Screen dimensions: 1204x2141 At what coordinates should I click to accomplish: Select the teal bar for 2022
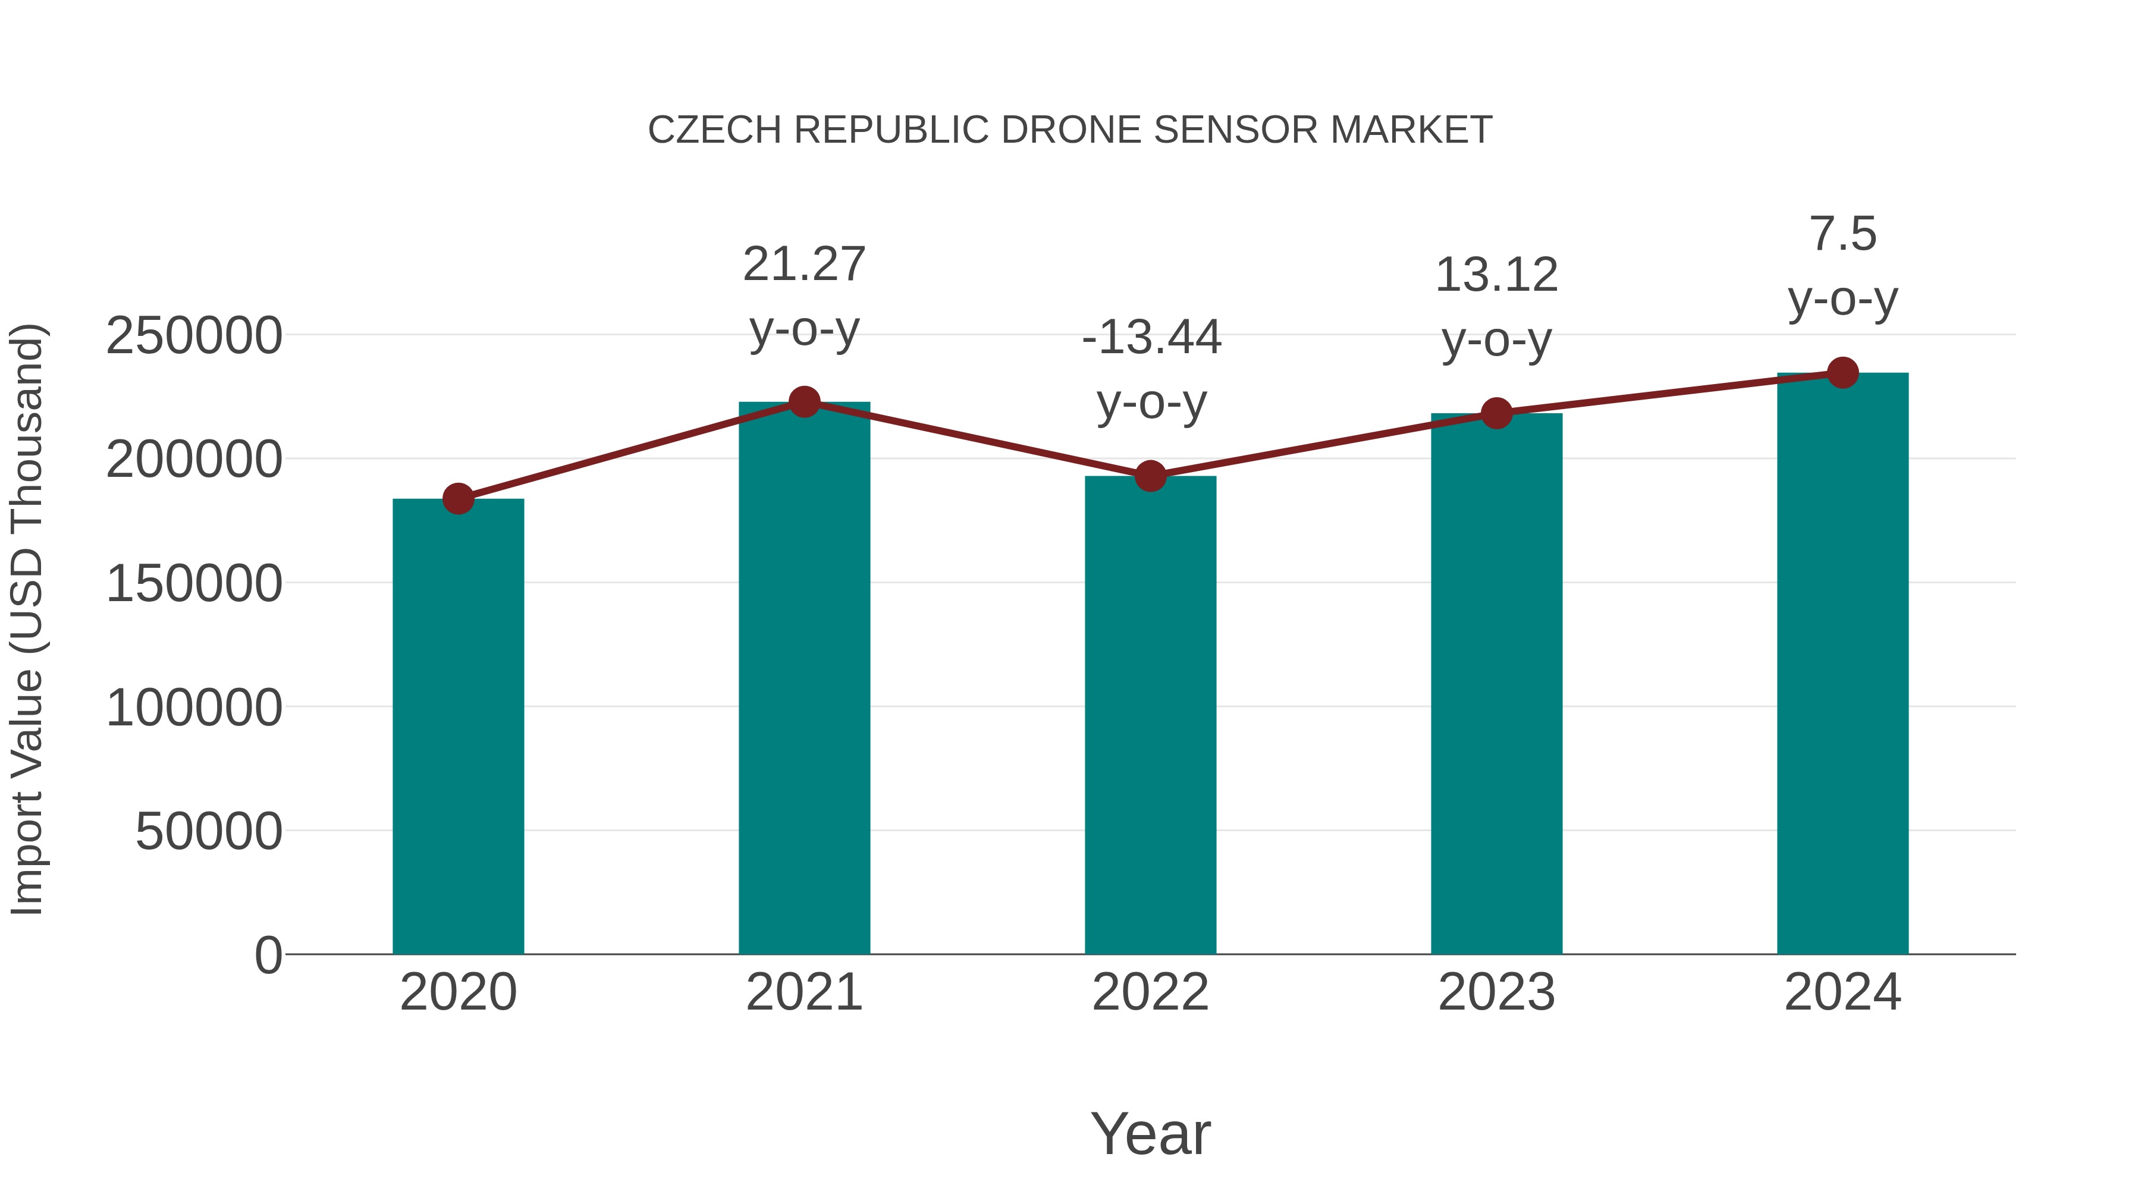click(x=1150, y=715)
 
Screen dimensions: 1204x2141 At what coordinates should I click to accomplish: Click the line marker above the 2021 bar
click(x=803, y=402)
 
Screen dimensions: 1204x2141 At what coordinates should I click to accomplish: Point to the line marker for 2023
click(x=1496, y=413)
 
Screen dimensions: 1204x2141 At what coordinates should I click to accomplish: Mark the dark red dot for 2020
click(x=458, y=499)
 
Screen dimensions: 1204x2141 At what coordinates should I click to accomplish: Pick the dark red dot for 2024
click(x=1842, y=373)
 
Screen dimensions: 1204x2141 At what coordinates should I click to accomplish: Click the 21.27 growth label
click(x=803, y=264)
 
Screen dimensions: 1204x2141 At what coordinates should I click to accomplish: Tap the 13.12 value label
click(x=1496, y=275)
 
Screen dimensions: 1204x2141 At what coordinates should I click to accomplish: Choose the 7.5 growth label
click(x=1842, y=234)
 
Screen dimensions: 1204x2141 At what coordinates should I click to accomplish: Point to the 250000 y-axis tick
click(x=194, y=336)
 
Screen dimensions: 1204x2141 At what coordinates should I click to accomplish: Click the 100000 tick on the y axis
click(x=194, y=708)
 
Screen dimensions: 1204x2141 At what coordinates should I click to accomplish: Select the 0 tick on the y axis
click(x=268, y=955)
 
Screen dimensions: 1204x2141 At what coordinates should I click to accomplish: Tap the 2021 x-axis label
click(x=803, y=992)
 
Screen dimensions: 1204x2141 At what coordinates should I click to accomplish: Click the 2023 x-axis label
click(x=1496, y=992)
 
